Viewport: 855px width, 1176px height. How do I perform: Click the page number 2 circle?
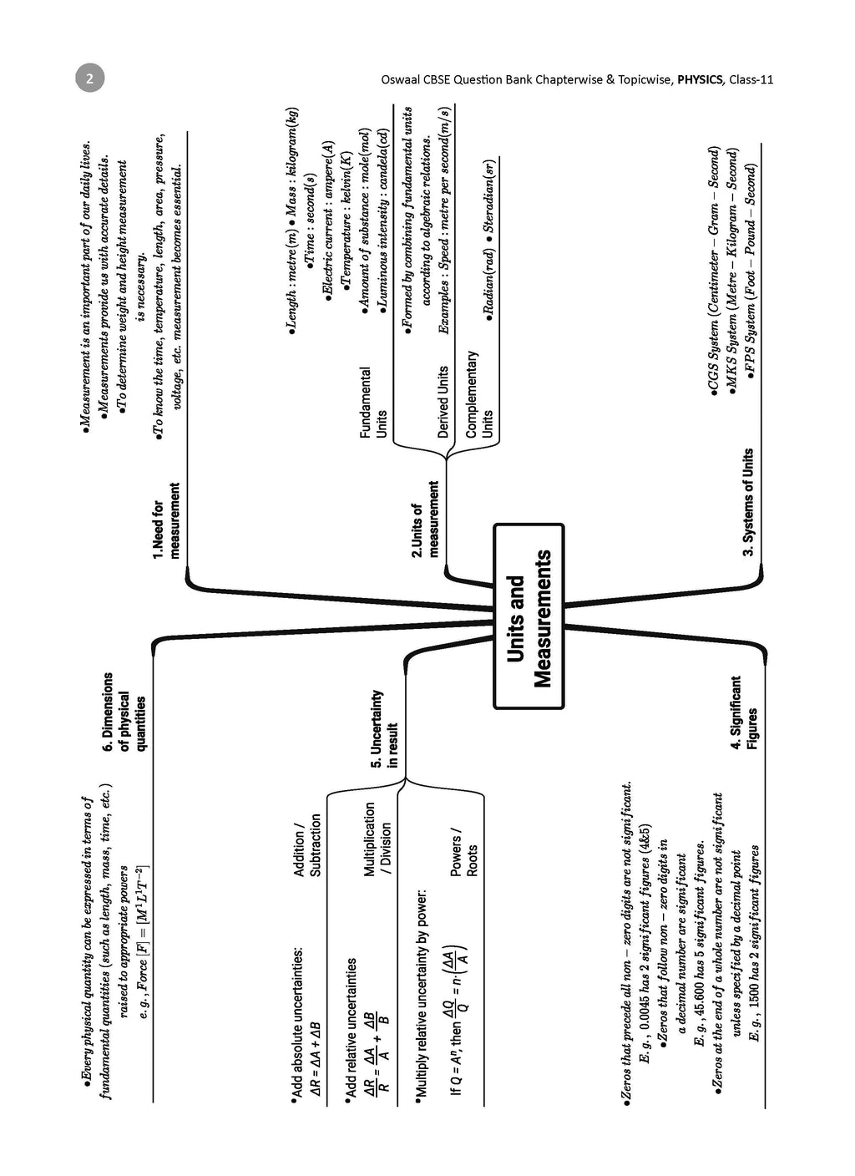click(89, 79)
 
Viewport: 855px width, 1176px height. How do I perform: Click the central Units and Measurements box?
click(529, 616)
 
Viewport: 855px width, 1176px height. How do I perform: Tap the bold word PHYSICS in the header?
click(700, 80)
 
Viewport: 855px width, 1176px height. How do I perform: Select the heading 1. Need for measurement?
click(166, 520)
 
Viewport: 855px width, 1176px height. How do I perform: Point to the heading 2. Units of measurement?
click(425, 518)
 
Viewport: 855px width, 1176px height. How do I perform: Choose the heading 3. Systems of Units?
click(748, 502)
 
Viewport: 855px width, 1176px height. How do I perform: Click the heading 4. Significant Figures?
click(744, 712)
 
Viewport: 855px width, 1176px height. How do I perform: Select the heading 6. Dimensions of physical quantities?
click(124, 712)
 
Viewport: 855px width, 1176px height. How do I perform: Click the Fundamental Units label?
click(372, 402)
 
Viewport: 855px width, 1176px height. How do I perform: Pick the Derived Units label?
click(443, 402)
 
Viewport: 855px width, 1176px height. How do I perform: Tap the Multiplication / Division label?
click(377, 839)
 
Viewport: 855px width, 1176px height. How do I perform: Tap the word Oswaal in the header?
click(397, 80)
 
